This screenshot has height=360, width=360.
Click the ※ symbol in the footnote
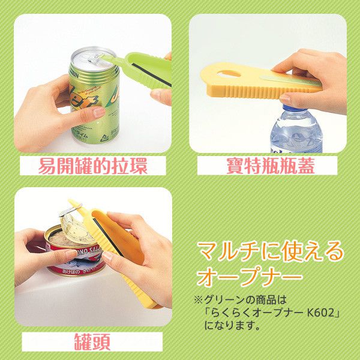pos(197,298)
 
